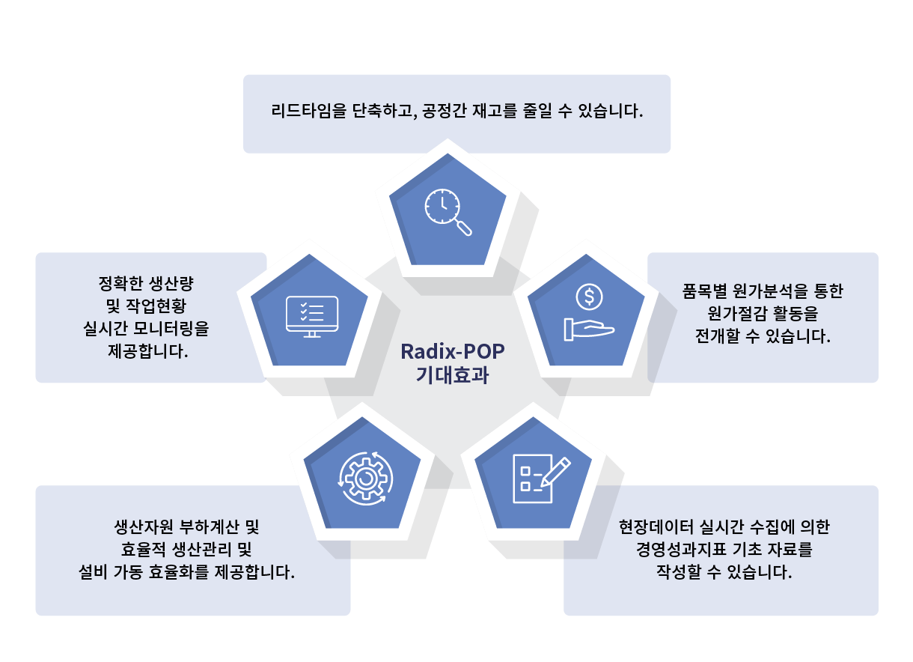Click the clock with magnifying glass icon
click(x=448, y=212)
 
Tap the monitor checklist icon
click(x=312, y=317)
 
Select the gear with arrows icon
click(x=366, y=478)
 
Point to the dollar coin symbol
click(x=589, y=297)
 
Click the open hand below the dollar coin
click(x=589, y=330)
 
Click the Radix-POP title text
click(x=453, y=352)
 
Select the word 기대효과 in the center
click(x=453, y=375)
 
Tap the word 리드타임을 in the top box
click(x=308, y=111)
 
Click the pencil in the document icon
click(x=556, y=471)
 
